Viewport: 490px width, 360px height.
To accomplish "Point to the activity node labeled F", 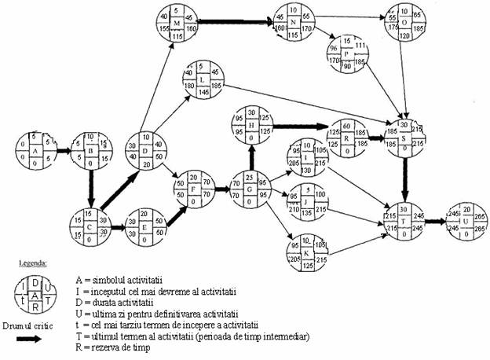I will (x=193, y=189).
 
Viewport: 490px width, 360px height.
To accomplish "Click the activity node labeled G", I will (x=248, y=189).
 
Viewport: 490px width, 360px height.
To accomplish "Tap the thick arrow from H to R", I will (x=296, y=125).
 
